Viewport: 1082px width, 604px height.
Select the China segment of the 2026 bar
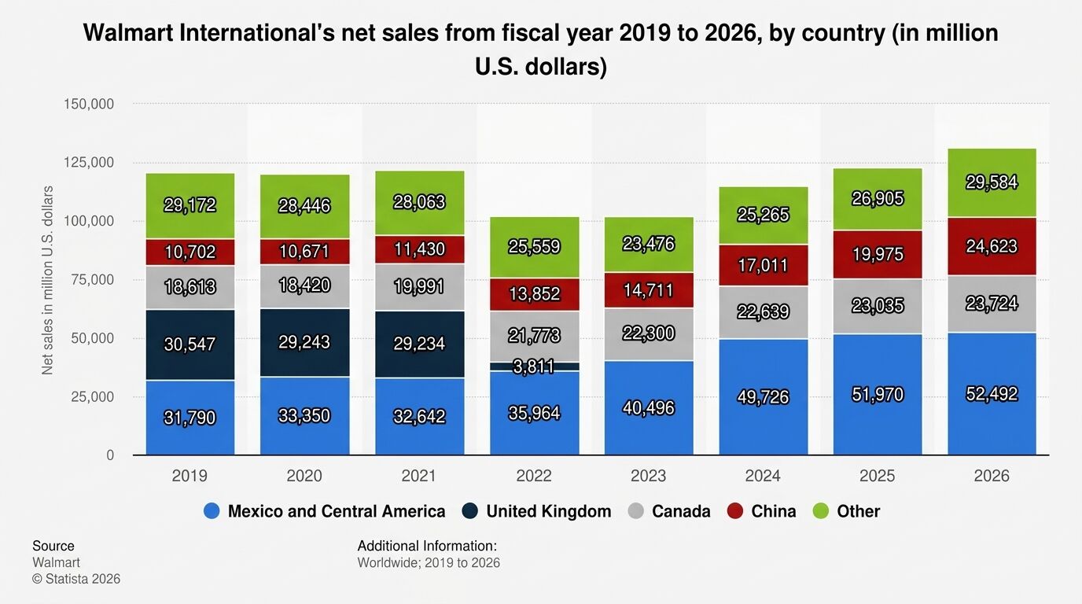point(992,246)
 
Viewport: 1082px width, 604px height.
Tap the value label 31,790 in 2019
point(190,417)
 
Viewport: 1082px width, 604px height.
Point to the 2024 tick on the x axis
point(763,476)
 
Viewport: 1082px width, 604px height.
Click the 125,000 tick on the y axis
point(88,163)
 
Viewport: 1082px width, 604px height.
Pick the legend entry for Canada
point(680,511)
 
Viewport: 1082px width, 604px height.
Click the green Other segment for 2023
point(649,245)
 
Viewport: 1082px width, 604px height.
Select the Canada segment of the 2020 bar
point(304,285)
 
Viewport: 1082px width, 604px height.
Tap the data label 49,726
point(763,396)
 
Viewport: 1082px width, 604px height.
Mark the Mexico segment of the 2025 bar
point(878,394)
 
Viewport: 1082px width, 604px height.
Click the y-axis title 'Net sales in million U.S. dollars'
point(48,280)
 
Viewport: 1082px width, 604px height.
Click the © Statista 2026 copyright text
point(76,579)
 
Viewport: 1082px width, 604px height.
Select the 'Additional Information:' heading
point(427,546)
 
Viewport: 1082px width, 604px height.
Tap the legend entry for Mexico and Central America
point(336,511)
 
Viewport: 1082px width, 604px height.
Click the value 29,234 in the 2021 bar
point(419,343)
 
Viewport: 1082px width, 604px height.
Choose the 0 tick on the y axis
point(110,455)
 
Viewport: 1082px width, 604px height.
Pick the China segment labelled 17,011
point(763,265)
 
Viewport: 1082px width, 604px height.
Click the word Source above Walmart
point(53,546)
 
